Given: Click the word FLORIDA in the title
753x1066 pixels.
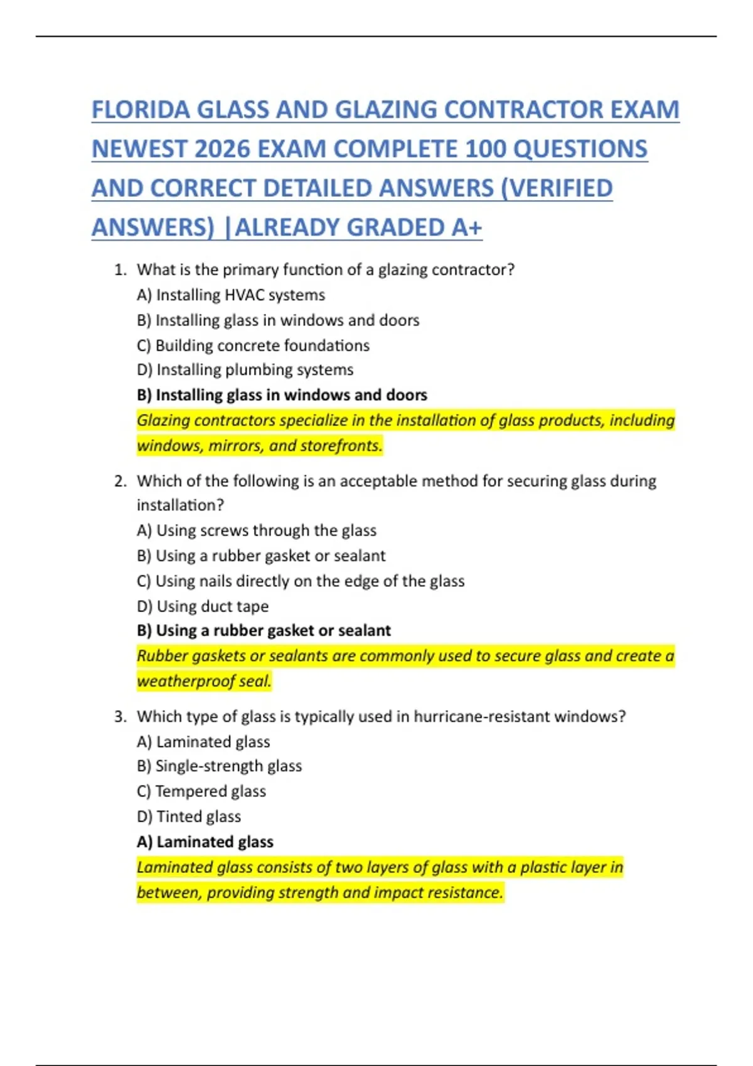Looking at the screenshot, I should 141,110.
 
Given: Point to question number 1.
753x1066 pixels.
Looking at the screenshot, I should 120,270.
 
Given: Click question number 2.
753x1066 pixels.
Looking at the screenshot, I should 120,482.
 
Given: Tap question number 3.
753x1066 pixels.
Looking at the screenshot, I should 120,717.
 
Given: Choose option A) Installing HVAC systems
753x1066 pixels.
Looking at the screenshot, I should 231,295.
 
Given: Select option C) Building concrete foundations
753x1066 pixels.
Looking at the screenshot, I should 253,346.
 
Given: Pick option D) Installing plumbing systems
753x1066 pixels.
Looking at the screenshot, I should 245,370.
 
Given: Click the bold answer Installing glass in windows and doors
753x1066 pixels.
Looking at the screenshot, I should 282,395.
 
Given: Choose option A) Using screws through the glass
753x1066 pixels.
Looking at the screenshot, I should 257,530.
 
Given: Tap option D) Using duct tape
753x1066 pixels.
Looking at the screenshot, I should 203,606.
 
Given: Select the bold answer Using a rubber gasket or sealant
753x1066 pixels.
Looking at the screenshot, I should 264,631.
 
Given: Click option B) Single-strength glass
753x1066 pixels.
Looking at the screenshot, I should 219,766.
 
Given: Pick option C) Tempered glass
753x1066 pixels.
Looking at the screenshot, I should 201,791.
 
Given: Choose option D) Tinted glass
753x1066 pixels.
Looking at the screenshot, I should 189,816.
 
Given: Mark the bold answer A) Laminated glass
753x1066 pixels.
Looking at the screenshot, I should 205,842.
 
